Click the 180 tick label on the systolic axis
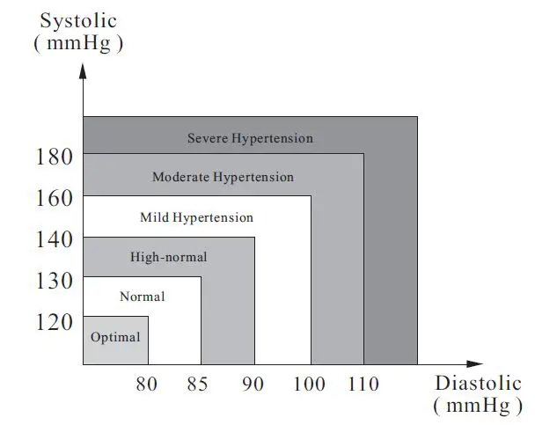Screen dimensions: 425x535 click(55, 158)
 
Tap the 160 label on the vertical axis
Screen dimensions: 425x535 click(55, 199)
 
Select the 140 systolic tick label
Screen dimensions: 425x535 click(55, 239)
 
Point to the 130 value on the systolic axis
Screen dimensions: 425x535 click(55, 280)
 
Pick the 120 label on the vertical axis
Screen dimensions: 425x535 click(55, 321)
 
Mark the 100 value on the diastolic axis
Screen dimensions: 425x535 click(311, 385)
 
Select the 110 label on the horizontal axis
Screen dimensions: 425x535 click(363, 385)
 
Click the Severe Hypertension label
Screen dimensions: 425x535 click(250, 138)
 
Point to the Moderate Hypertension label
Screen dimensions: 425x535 click(223, 177)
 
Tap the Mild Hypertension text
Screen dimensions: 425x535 click(196, 217)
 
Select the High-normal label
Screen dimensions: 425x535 click(168, 257)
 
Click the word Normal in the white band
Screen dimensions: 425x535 click(142, 297)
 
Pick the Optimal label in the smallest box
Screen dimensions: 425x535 click(115, 337)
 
